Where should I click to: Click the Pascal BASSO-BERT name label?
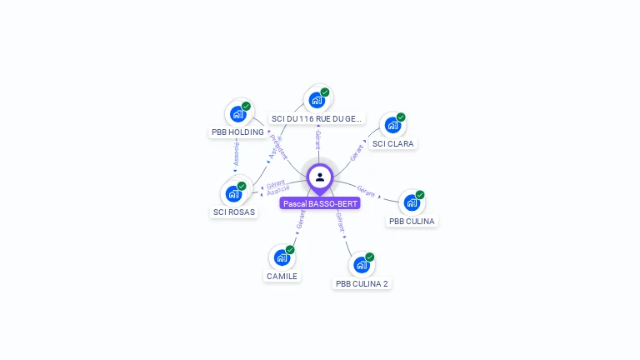click(320, 203)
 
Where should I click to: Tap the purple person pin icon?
click(320, 177)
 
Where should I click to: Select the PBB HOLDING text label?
click(237, 132)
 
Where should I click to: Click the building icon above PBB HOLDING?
click(237, 113)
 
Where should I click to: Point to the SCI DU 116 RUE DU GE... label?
click(317, 119)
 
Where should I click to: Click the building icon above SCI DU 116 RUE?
click(317, 100)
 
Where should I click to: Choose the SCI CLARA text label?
click(393, 143)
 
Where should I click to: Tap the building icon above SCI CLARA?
click(392, 125)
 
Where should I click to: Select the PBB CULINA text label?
click(412, 221)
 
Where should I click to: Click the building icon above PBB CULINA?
click(412, 202)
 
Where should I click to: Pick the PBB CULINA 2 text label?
click(362, 283)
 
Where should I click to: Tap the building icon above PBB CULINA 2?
click(361, 265)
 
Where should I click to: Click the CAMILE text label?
click(282, 276)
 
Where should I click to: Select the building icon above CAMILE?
click(282, 257)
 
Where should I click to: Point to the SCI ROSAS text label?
click(234, 212)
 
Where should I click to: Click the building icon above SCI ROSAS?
click(233, 194)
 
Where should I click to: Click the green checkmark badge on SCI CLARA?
click(401, 117)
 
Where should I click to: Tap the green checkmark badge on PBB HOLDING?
click(247, 106)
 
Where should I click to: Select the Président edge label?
click(281, 147)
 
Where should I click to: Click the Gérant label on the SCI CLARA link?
click(356, 152)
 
